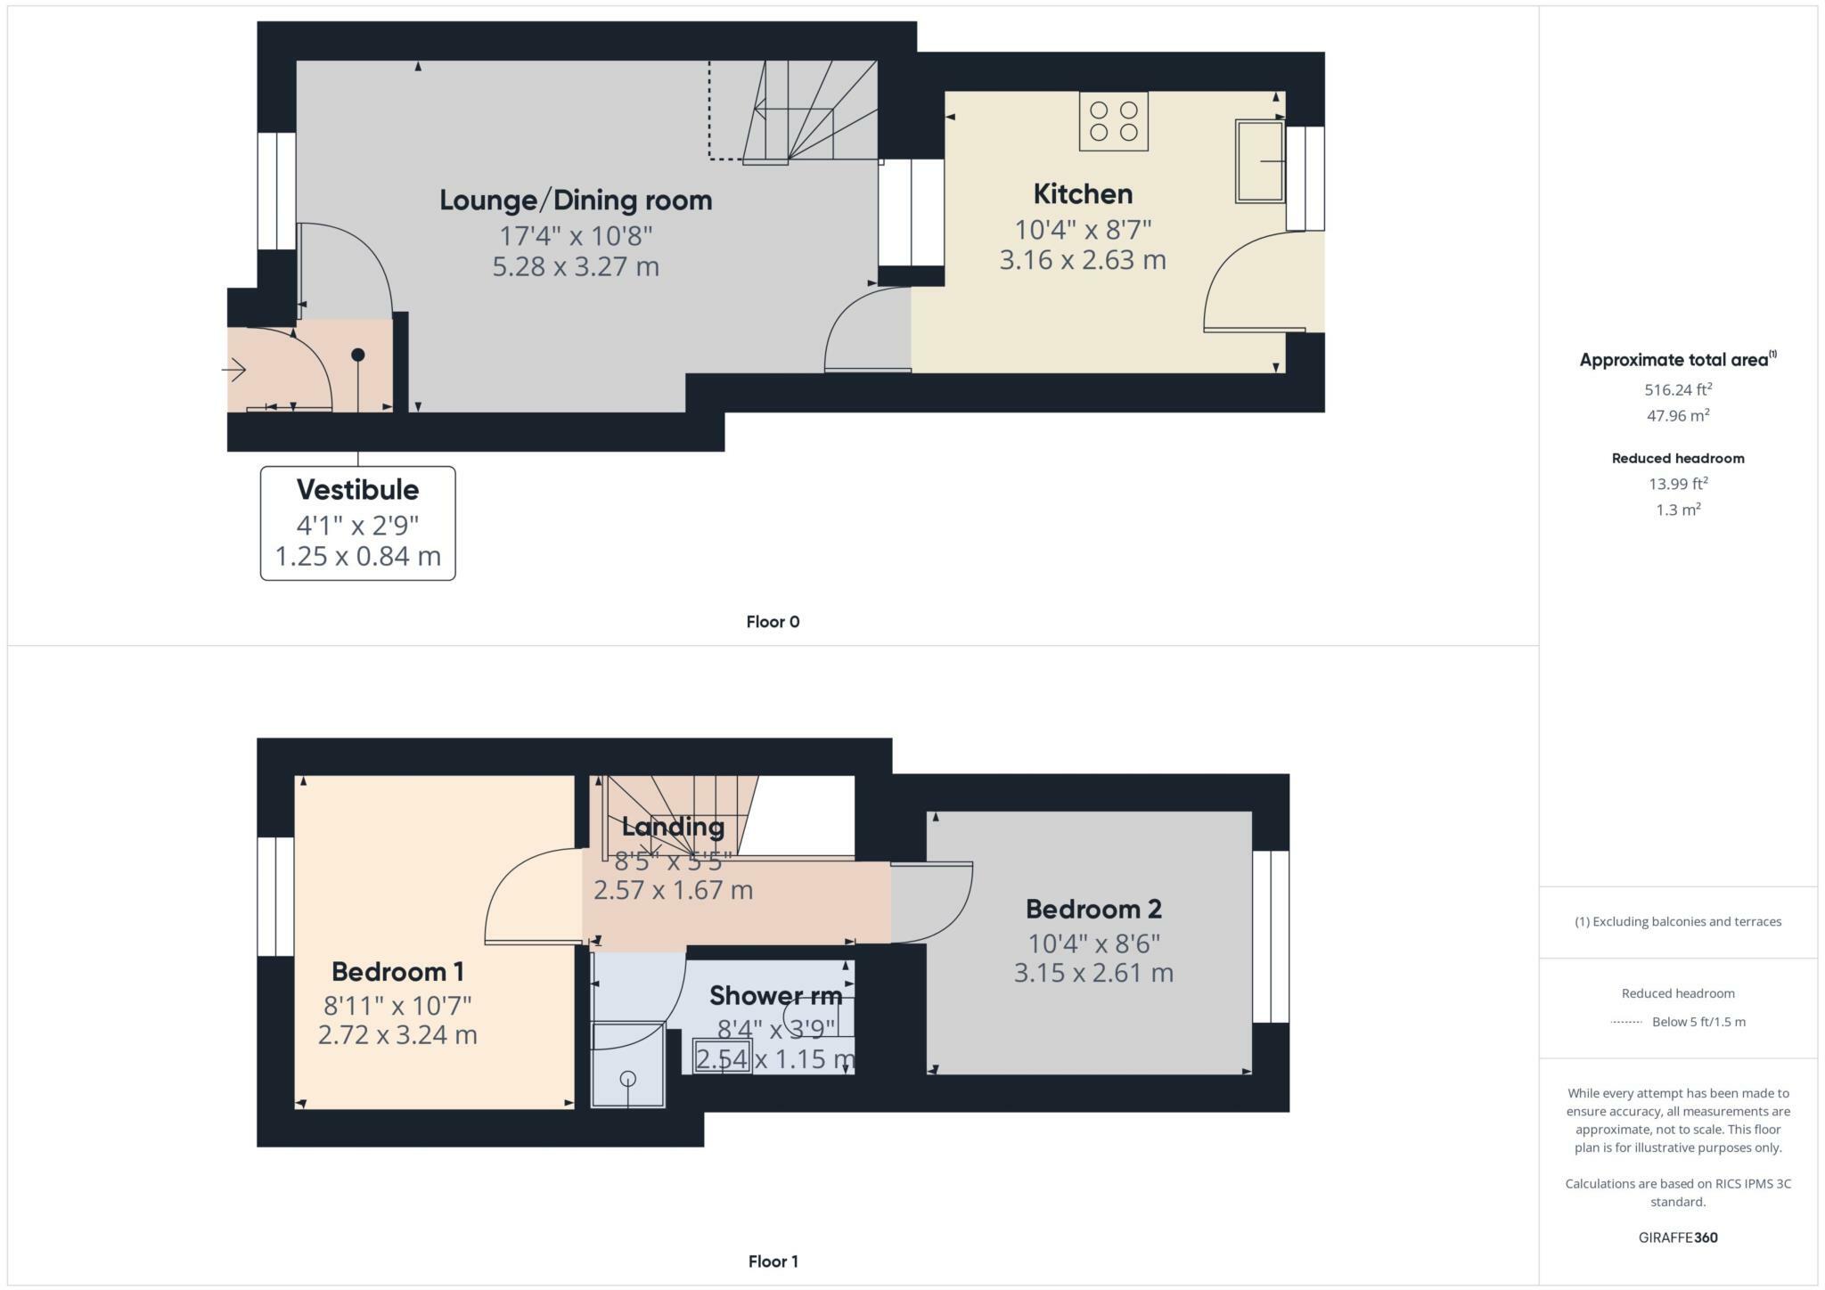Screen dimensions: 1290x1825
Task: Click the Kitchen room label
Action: pos(1083,194)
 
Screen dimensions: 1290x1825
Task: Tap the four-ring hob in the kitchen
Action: pos(1113,121)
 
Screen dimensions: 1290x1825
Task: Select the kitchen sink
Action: pos(1259,161)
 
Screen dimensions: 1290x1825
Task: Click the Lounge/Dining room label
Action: pos(576,200)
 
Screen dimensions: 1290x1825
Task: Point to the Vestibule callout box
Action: pos(357,523)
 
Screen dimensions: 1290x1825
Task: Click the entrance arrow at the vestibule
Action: pos(235,369)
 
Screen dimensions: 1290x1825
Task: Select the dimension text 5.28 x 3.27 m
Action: pos(576,266)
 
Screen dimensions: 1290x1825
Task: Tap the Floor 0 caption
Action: pos(773,622)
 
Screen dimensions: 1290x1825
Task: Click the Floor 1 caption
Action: pos(773,1261)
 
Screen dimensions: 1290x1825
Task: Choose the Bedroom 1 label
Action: pos(397,971)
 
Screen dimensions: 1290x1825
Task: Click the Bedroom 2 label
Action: pos(1093,909)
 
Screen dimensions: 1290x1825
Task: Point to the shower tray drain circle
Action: pos(628,1079)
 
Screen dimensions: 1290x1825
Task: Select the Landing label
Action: pos(673,827)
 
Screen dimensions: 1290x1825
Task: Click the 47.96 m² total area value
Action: pos(1678,416)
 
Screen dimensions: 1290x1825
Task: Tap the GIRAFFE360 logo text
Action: pos(1678,1237)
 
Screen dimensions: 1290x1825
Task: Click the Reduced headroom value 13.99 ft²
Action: pos(1678,484)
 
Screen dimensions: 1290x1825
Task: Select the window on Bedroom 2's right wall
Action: pos(1271,936)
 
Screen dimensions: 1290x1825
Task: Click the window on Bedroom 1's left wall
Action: pos(275,896)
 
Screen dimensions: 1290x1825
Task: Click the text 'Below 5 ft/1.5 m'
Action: pos(1698,1022)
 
